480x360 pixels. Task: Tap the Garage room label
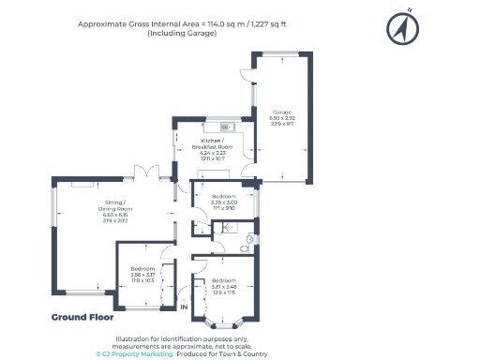(x=282, y=112)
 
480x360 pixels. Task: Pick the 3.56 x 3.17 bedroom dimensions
(x=142, y=275)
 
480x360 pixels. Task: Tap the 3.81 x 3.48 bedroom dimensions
(x=224, y=287)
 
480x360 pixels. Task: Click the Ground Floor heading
(x=82, y=317)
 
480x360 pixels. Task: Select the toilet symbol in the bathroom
(x=247, y=246)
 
